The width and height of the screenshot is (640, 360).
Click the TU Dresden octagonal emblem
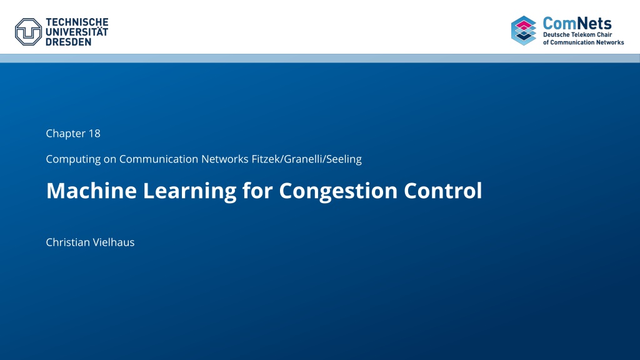pyautogui.click(x=28, y=32)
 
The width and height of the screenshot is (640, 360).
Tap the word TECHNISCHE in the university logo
pyautogui.click(x=77, y=22)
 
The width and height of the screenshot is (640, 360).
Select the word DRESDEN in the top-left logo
pyautogui.click(x=69, y=42)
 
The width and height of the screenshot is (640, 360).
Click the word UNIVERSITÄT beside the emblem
pyautogui.click(x=77, y=32)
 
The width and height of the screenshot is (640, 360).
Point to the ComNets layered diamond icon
pyautogui.click(x=524, y=31)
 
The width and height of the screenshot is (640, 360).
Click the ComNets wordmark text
pyautogui.click(x=577, y=23)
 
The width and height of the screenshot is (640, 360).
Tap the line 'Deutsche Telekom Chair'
pyautogui.click(x=577, y=35)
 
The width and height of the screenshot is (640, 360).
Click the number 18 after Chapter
pyautogui.click(x=94, y=134)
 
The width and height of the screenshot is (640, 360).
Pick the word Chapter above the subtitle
pyautogui.click(x=66, y=134)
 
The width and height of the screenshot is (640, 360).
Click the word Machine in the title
pyautogui.click(x=91, y=191)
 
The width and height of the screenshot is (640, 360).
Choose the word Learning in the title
pyautogui.click(x=190, y=191)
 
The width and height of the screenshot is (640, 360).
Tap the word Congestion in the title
pyautogui.click(x=338, y=191)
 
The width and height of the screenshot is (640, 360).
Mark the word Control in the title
pyautogui.click(x=443, y=190)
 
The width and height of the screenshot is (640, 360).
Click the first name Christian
pyautogui.click(x=67, y=242)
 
